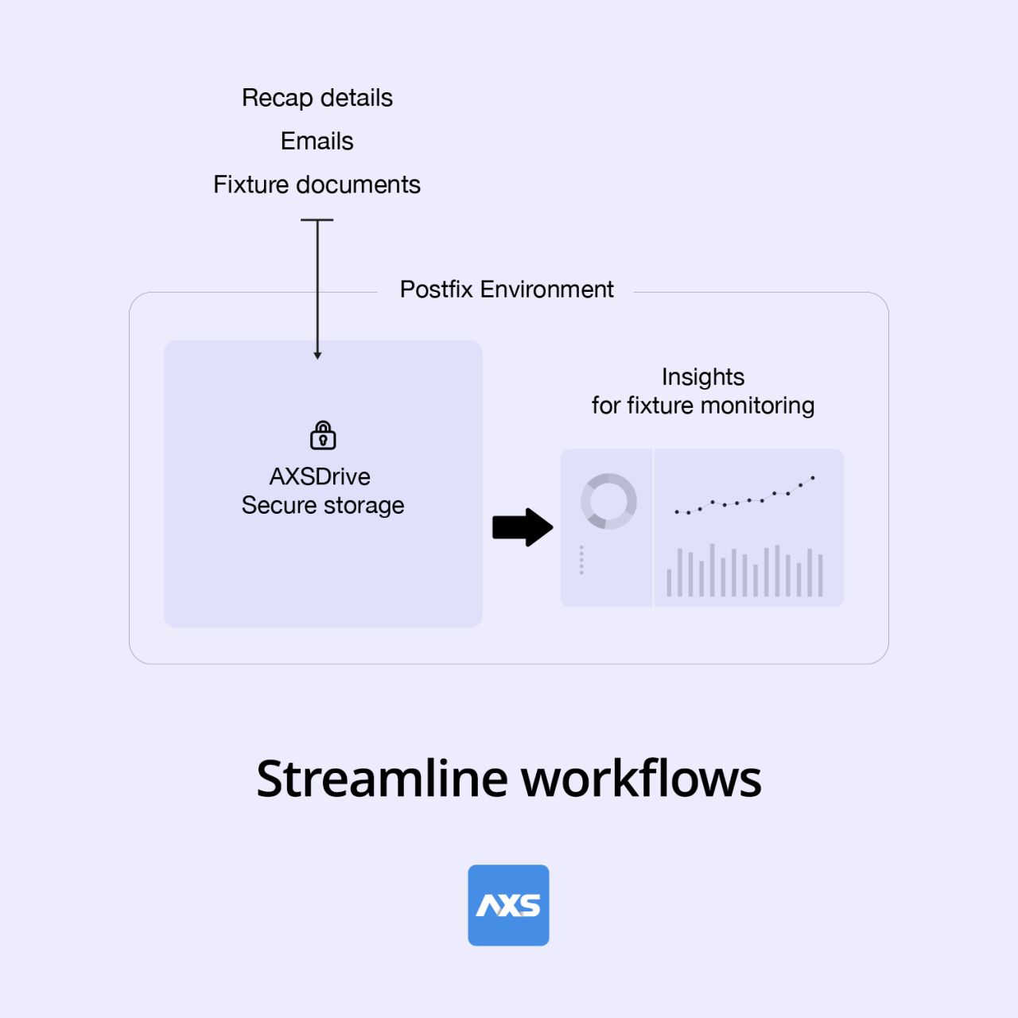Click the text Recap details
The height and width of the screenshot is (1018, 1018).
pyautogui.click(x=317, y=99)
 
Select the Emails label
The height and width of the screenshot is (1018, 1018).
pyautogui.click(x=317, y=141)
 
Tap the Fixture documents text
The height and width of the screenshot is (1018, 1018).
pyautogui.click(x=317, y=185)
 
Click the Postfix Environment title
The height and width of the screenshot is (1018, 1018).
pyautogui.click(x=507, y=289)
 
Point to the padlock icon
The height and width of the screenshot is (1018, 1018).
pyautogui.click(x=323, y=435)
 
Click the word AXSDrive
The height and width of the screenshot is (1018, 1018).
pyautogui.click(x=321, y=476)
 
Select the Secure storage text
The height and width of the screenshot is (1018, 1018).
pyautogui.click(x=323, y=506)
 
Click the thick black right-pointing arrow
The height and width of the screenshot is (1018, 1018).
pyautogui.click(x=523, y=527)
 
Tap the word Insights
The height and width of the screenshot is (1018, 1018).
pyautogui.click(x=703, y=377)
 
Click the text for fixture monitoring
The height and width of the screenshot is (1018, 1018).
pyautogui.click(x=703, y=406)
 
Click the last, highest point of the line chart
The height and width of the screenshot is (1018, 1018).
pyautogui.click(x=813, y=478)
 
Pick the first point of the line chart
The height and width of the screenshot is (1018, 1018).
pyautogui.click(x=677, y=512)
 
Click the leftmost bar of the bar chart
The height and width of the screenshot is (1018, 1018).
pyautogui.click(x=669, y=583)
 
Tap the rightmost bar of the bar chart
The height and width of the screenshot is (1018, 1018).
pyautogui.click(x=821, y=575)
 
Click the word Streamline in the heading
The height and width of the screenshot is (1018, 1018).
pyautogui.click(x=382, y=779)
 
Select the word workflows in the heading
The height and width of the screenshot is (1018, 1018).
pyautogui.click(x=641, y=779)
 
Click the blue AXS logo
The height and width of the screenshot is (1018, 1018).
pyautogui.click(x=508, y=906)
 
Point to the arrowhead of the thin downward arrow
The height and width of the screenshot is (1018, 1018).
pyautogui.click(x=317, y=356)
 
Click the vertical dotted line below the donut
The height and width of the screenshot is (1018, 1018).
pyautogui.click(x=581, y=560)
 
